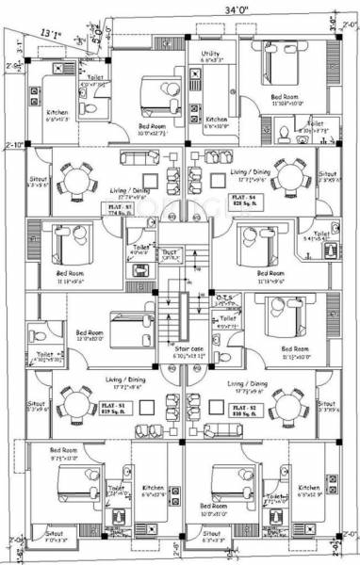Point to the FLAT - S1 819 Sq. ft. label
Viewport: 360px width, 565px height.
(x=114, y=408)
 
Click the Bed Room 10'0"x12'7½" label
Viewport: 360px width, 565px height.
(x=155, y=128)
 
